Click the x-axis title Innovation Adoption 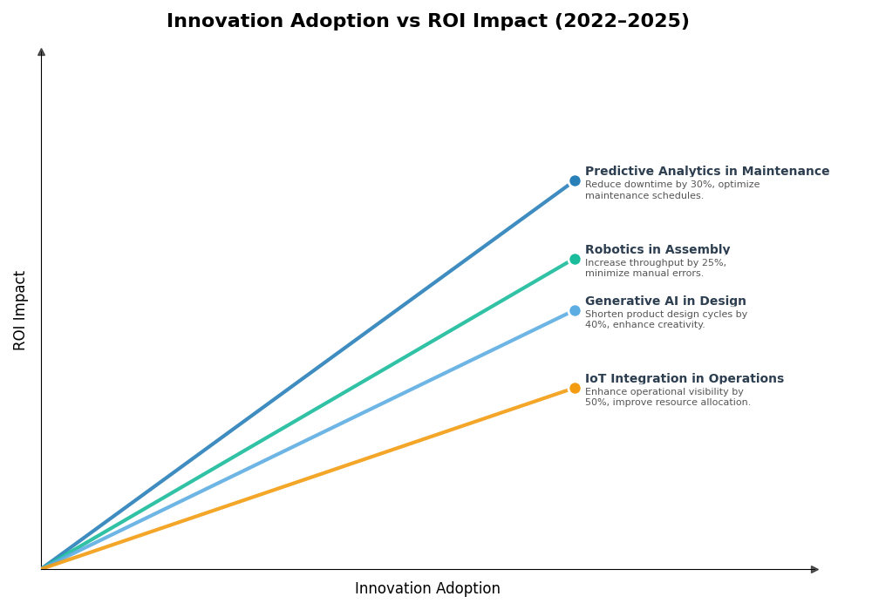(x=427, y=589)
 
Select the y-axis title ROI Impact (x=20, y=310)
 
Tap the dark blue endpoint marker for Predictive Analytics (x=575, y=181)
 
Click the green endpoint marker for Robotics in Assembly (x=575, y=259)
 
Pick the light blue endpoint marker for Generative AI (x=575, y=310)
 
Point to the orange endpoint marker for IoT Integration (x=575, y=389)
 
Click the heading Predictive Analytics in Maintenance (x=706, y=172)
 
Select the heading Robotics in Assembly (x=657, y=250)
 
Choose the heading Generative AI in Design (x=665, y=302)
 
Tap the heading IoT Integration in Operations (x=684, y=379)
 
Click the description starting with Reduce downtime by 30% (x=671, y=190)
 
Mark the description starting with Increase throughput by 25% (x=655, y=268)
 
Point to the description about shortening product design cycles (x=665, y=320)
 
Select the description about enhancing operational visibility (x=667, y=397)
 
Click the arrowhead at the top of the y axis (x=41, y=52)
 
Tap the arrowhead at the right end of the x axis (x=814, y=569)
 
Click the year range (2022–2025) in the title (x=622, y=21)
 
